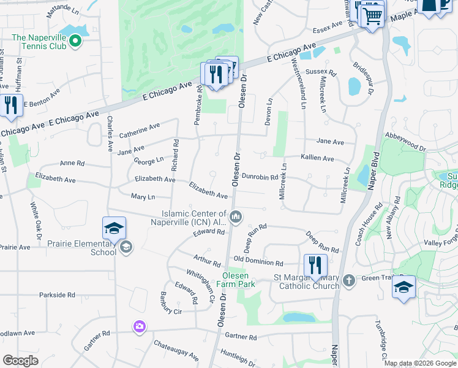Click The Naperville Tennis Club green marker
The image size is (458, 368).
coord(75,41)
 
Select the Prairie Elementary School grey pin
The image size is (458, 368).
coord(126,247)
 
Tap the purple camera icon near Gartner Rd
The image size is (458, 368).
coord(139,326)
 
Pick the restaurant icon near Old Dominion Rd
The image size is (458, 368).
coord(315,266)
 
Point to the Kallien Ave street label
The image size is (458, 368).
coord(317,158)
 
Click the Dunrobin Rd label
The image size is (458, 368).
coord(260,177)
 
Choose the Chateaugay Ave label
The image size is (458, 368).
coord(176,350)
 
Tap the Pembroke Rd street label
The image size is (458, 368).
coord(198,109)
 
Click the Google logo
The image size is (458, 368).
coord(20,361)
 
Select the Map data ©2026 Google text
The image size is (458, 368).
coord(419,363)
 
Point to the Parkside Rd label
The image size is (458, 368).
coord(56,295)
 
